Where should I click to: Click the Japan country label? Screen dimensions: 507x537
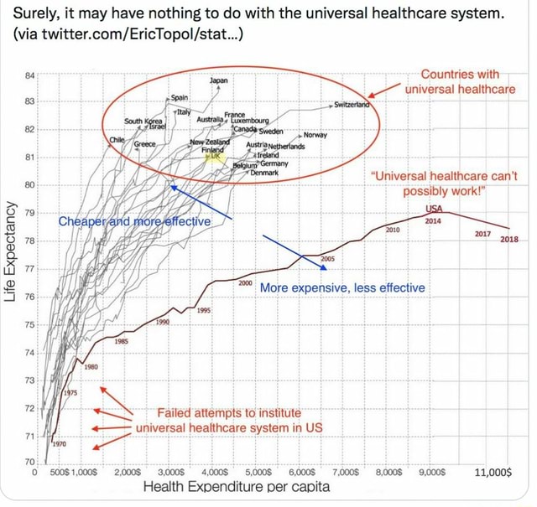(218, 80)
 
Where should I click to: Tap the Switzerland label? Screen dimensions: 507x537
(352, 105)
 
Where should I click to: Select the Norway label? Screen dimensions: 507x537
(315, 135)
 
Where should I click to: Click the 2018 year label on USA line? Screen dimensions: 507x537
(508, 240)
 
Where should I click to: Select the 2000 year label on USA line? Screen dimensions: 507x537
(245, 283)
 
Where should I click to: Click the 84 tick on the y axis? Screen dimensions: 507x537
(31, 75)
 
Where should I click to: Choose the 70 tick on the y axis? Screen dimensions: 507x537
(31, 463)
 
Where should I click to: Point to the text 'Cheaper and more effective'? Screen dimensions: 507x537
(134, 222)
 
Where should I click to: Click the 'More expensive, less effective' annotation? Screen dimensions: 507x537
(342, 287)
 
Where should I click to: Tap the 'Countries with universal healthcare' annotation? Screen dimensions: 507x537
(459, 81)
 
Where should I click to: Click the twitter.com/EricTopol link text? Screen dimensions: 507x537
(130, 38)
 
